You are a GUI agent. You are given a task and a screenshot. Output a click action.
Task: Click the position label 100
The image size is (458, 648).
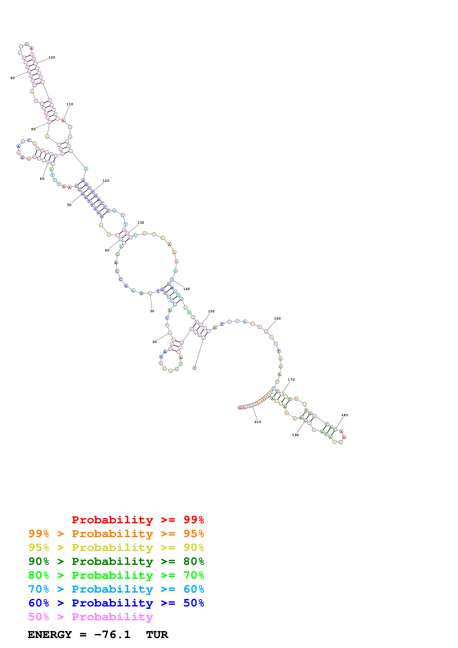point(52,58)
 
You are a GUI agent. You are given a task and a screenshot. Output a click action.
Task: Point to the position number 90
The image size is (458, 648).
point(13,78)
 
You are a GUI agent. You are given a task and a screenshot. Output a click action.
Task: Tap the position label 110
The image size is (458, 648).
point(70,104)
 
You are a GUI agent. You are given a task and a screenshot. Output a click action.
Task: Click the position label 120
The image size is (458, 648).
point(106,181)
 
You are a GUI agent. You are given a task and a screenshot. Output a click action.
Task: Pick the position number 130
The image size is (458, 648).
point(141,223)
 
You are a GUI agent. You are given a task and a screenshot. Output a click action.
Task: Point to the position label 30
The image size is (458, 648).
point(152,311)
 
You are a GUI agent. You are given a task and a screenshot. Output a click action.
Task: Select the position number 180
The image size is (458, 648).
point(345,415)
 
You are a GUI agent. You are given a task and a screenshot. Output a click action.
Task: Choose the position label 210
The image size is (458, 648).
point(258,422)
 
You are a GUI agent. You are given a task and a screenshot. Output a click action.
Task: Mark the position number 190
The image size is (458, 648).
point(295,435)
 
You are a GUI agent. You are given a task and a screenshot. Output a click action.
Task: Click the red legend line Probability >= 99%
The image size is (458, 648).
point(138,520)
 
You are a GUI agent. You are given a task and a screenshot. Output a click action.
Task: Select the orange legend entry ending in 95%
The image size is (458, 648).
point(116,534)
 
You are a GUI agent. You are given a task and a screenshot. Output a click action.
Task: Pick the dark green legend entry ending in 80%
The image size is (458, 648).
point(116,561)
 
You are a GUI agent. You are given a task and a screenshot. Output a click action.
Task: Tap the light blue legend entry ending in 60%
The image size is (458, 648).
point(116,589)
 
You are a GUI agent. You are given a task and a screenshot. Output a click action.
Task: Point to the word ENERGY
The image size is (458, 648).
point(50,635)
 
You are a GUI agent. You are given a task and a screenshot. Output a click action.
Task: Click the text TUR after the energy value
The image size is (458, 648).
point(157,635)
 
